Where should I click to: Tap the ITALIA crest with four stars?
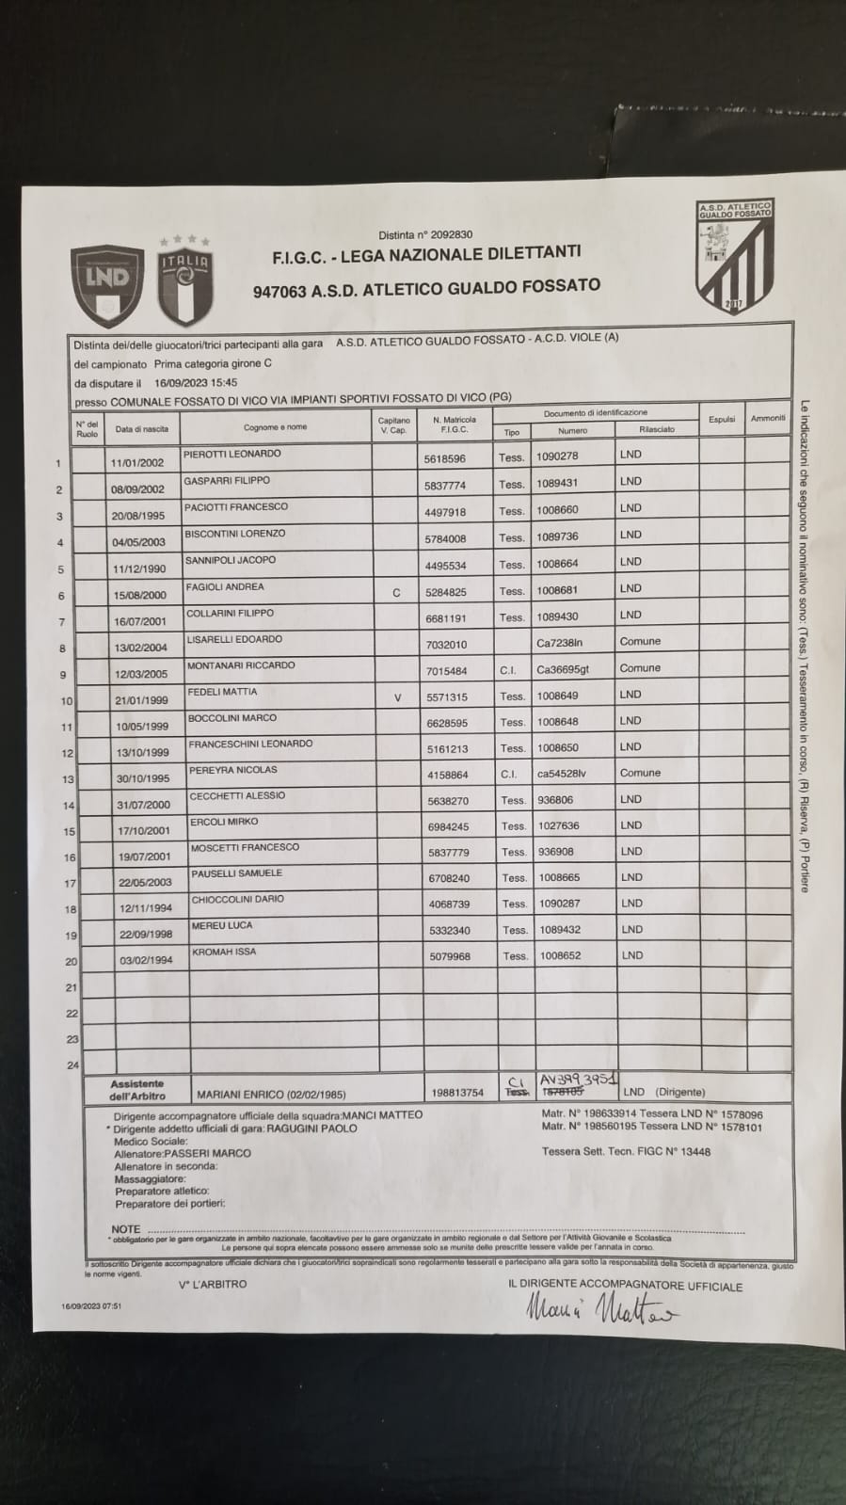[184, 281]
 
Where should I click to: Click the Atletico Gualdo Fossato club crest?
[734, 255]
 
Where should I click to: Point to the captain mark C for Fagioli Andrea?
[396, 593]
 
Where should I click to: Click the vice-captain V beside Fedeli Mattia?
[397, 697]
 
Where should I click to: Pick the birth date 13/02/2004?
[137, 648]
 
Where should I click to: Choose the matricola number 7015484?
[446, 671]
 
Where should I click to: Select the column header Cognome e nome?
[275, 427]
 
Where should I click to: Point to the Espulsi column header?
[722, 419]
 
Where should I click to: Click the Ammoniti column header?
[768, 418]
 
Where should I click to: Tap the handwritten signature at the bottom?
[599, 1310]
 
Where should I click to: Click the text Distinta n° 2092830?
[425, 234]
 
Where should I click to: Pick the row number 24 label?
[72, 1065]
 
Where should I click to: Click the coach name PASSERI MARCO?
[207, 1153]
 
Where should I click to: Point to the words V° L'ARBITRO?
[212, 1284]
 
